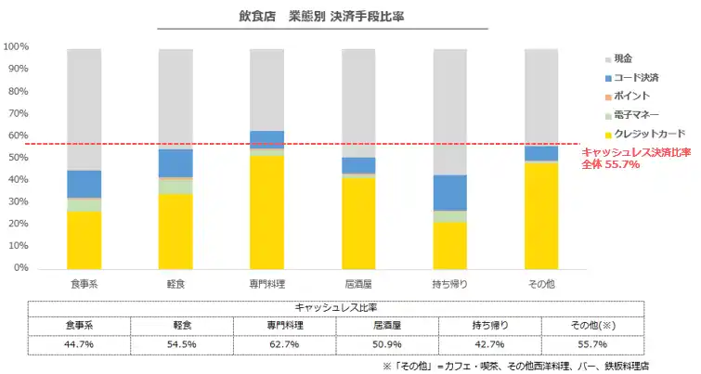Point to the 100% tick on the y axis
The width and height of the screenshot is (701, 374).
[x=16, y=46]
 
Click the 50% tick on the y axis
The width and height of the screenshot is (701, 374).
[x=18, y=158]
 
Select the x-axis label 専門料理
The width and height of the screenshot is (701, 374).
[x=266, y=282]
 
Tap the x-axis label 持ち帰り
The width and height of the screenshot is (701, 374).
[x=449, y=282]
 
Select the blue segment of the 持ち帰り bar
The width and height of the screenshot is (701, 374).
[x=449, y=192]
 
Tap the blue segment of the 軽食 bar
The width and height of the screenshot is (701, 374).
[x=175, y=162]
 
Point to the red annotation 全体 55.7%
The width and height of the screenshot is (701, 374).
[x=610, y=164]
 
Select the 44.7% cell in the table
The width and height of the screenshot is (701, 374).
[x=79, y=344]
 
